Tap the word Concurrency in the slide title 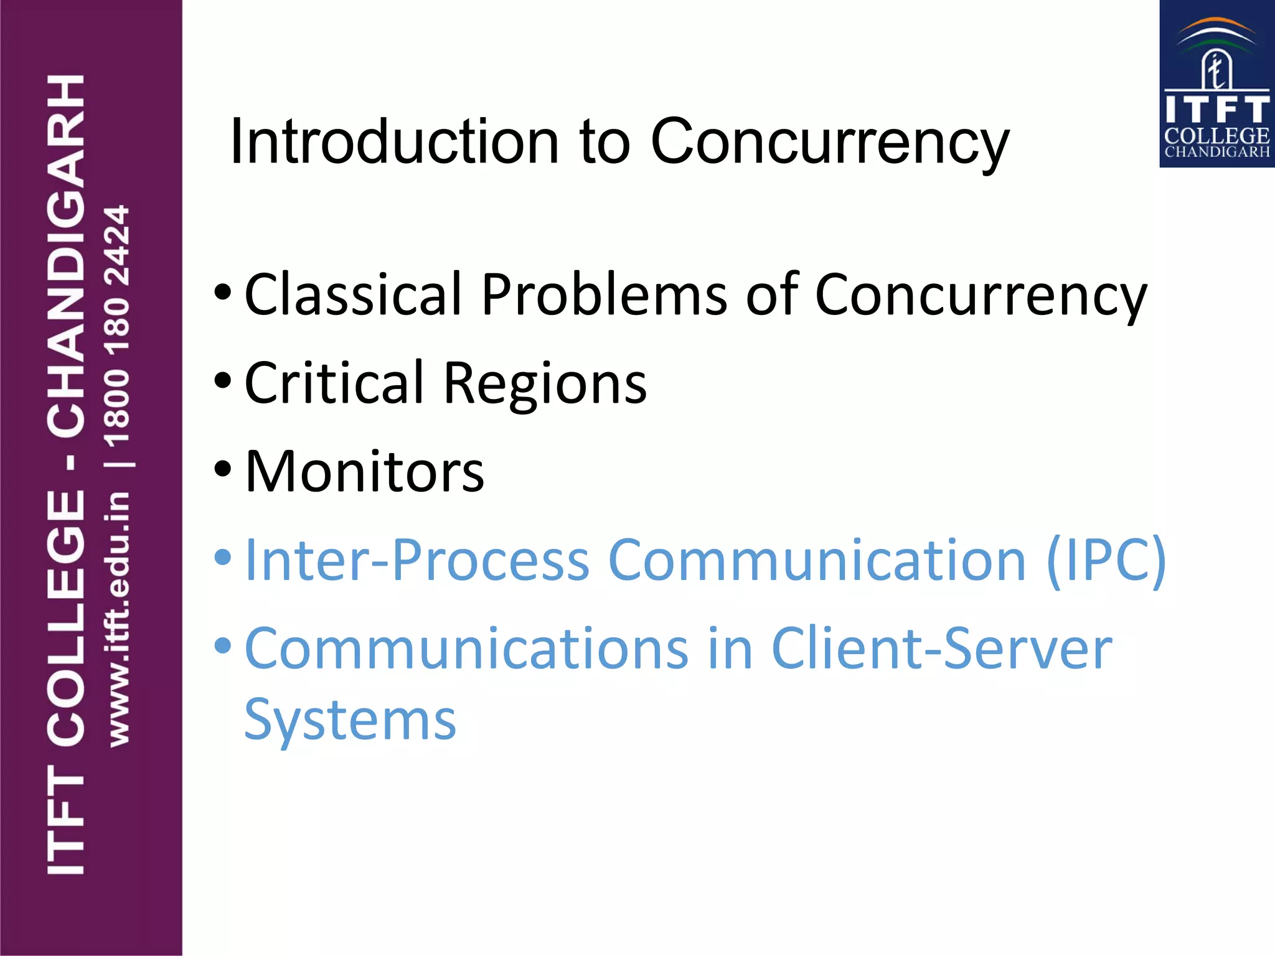(829, 142)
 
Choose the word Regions (545, 385)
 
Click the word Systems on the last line (350, 721)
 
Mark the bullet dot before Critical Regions (222, 380)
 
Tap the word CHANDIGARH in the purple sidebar (66, 255)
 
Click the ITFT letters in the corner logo (1216, 110)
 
